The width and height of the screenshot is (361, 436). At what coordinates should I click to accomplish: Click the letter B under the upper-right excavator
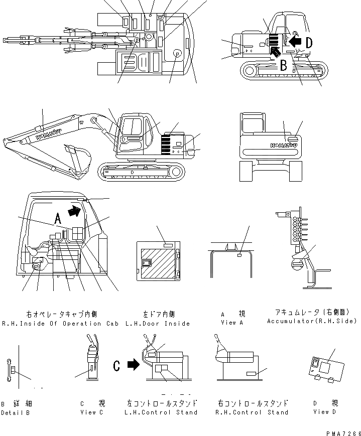283,65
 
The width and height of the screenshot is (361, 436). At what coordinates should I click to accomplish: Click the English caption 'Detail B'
15,412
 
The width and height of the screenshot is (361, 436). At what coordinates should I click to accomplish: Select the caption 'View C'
92,412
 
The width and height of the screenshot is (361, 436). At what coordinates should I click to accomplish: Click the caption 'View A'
232,323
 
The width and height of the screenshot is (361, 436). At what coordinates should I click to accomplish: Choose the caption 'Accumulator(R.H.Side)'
312,321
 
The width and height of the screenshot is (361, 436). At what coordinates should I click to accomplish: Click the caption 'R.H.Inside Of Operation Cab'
60,324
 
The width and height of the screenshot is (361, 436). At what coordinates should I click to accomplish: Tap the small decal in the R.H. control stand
252,374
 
